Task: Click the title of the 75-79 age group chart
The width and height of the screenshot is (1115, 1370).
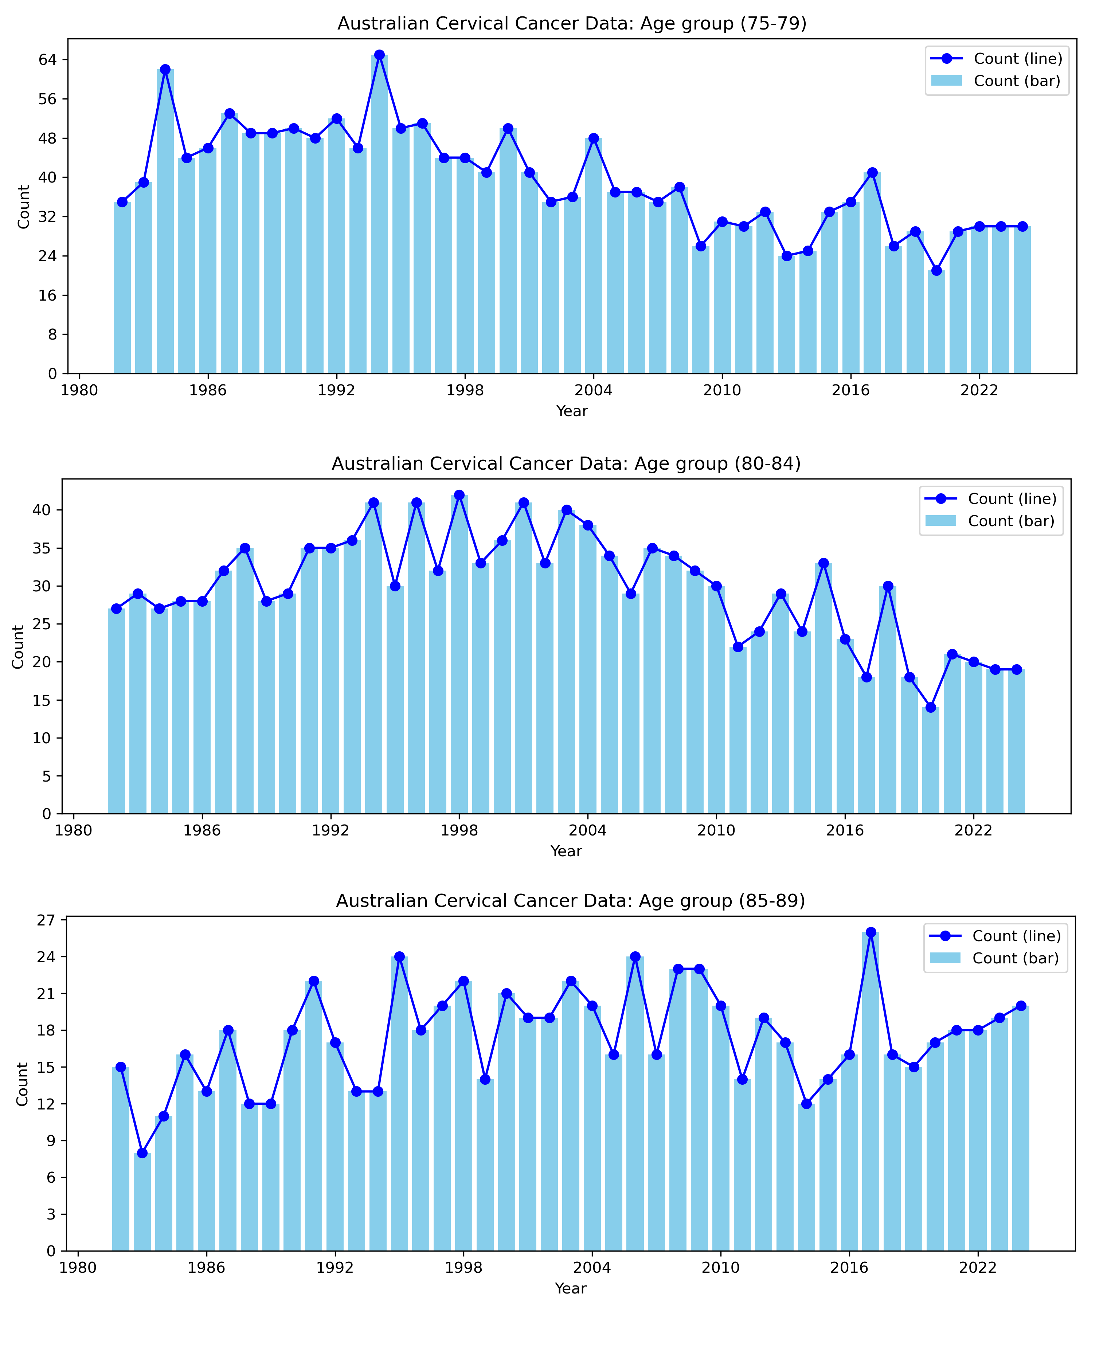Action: [x=572, y=24]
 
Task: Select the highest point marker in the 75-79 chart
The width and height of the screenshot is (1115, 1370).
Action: [x=380, y=55]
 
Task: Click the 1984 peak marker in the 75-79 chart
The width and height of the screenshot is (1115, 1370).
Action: [x=165, y=69]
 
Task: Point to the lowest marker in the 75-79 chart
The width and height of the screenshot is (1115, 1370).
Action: [x=936, y=270]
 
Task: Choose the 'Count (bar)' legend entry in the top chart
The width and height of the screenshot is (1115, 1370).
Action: [x=1017, y=81]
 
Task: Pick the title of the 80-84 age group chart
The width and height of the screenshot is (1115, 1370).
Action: [x=566, y=464]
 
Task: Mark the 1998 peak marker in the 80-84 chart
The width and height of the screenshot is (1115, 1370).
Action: [x=459, y=495]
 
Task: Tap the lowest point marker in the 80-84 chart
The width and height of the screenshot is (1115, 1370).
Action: [x=931, y=707]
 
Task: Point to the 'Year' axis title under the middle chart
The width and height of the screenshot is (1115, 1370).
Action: [x=566, y=851]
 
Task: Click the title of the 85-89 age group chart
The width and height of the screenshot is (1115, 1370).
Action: [x=570, y=900]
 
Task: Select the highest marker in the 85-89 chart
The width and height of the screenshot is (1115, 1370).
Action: [x=871, y=932]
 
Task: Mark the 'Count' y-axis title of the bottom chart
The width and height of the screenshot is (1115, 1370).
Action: [x=23, y=1084]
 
